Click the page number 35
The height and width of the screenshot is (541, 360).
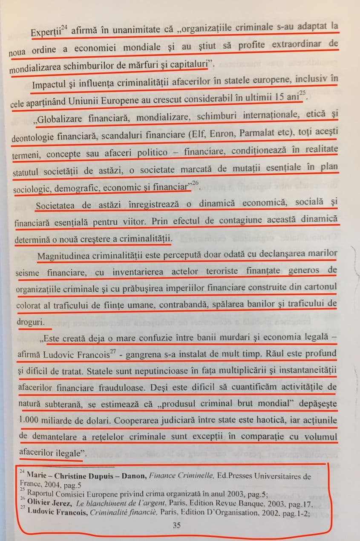(x=177, y=525)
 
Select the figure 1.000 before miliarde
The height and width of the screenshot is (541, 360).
(x=32, y=420)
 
